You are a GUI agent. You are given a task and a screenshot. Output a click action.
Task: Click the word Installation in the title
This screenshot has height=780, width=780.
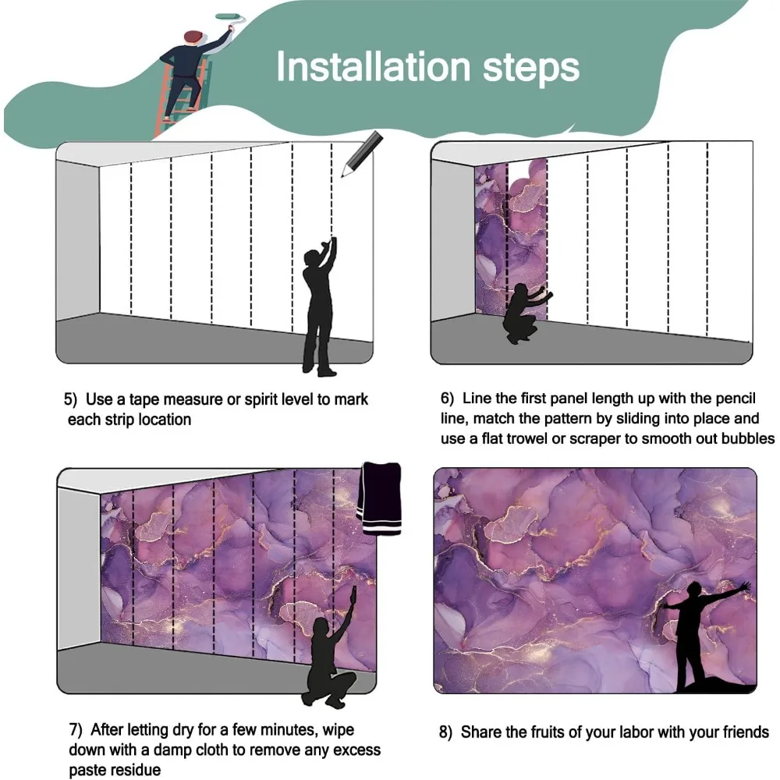point(373,66)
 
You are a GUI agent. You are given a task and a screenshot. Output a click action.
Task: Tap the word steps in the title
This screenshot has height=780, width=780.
point(531,69)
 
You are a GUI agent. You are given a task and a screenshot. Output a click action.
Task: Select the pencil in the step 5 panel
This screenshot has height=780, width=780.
point(362,153)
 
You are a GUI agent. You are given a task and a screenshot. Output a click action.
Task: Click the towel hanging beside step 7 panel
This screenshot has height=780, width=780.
point(381,498)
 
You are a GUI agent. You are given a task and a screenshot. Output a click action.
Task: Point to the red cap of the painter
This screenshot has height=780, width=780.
point(193,36)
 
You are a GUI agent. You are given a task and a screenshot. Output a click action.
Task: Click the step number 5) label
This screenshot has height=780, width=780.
point(70,399)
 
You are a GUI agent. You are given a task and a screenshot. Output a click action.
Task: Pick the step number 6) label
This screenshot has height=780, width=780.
point(447,399)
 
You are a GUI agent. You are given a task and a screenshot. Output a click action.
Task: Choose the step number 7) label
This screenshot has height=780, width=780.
point(76,730)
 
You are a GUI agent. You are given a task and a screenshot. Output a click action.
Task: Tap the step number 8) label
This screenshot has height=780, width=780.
point(445,732)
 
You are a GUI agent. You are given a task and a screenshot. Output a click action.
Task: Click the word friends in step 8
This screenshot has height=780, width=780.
point(746,732)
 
